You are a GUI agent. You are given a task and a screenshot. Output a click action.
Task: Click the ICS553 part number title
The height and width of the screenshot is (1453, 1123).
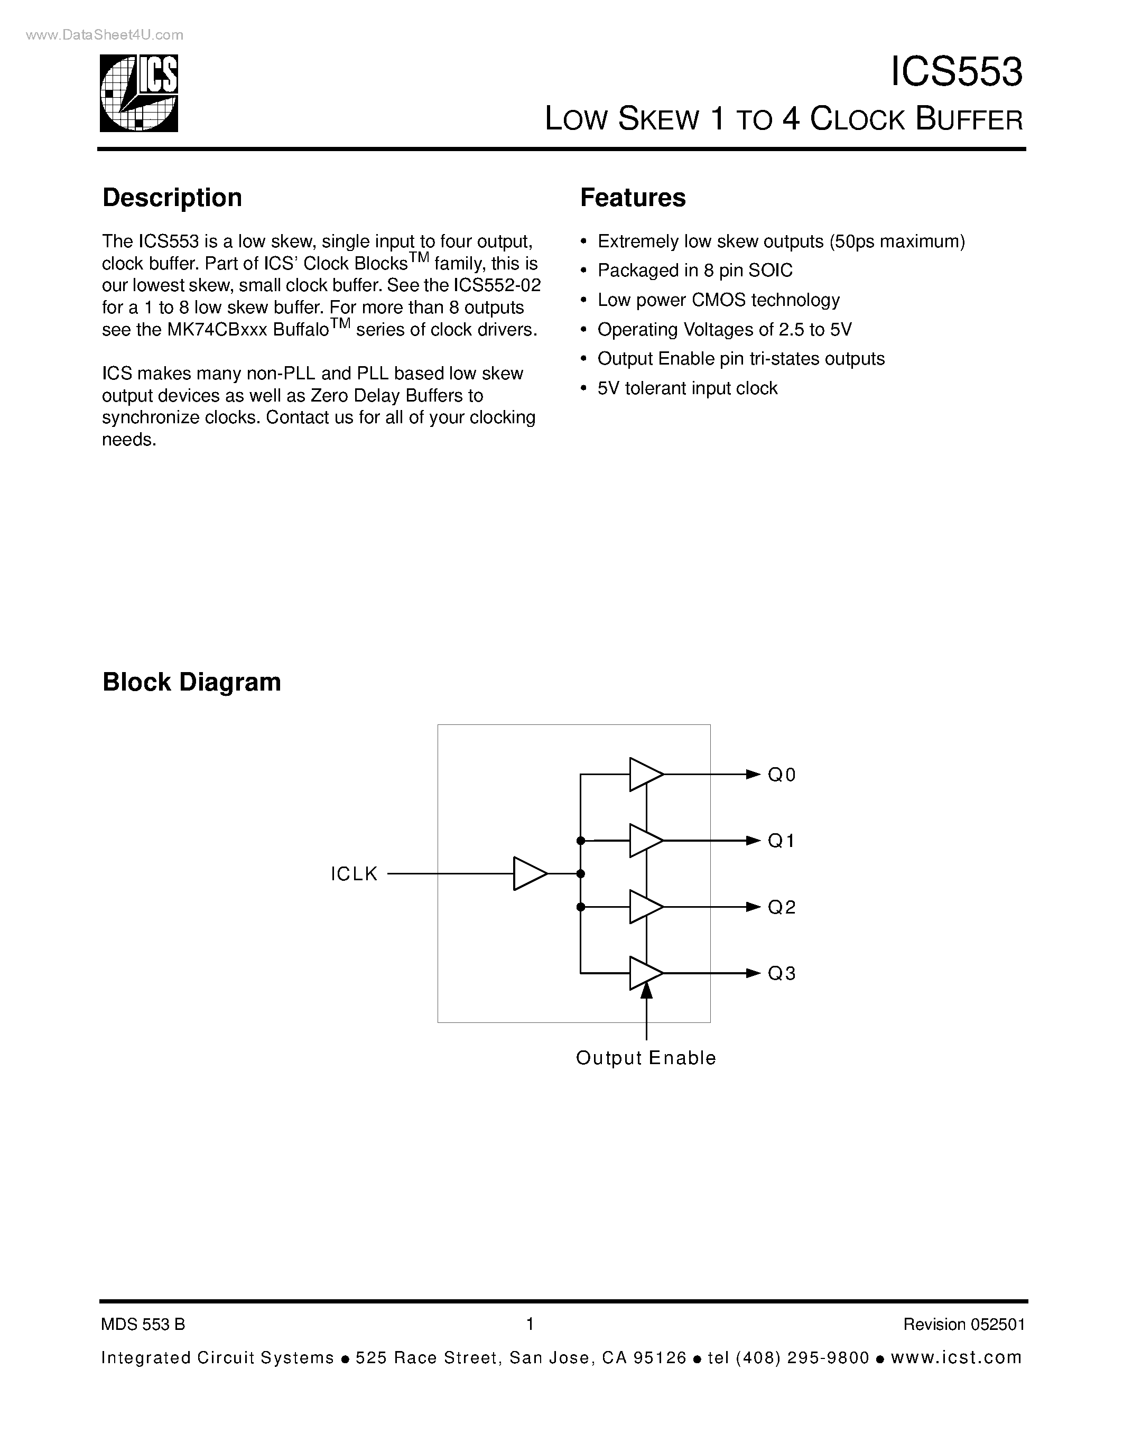click(x=955, y=72)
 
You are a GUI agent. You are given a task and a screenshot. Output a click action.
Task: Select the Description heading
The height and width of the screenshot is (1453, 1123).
click(x=172, y=198)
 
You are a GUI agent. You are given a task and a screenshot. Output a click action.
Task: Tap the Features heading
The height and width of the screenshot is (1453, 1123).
click(x=632, y=198)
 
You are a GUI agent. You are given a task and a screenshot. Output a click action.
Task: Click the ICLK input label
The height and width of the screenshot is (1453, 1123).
click(x=354, y=873)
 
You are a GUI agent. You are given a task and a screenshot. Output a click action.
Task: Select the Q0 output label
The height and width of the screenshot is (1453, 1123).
click(x=782, y=775)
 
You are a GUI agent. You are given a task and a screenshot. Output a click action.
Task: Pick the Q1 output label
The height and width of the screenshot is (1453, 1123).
click(x=782, y=841)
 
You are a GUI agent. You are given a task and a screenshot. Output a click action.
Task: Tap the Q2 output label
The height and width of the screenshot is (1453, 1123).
click(x=782, y=907)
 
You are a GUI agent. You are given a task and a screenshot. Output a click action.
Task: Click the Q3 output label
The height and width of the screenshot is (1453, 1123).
click(x=782, y=973)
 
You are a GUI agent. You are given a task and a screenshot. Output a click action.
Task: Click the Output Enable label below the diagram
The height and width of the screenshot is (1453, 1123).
click(x=645, y=1058)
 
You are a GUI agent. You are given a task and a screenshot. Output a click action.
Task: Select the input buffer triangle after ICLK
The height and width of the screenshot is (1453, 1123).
click(x=530, y=873)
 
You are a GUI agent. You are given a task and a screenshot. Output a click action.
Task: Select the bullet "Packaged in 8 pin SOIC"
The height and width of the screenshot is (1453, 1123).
click(x=694, y=270)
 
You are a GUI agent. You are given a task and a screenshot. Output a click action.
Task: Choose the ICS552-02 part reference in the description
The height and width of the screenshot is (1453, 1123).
click(x=497, y=285)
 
